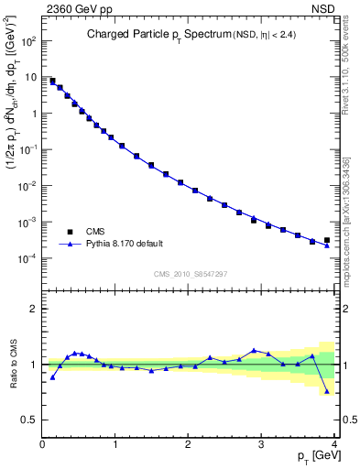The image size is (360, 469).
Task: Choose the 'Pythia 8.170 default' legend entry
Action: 124,244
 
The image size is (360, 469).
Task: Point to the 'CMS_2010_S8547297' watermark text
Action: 190,274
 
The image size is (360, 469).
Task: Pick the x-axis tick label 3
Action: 262,444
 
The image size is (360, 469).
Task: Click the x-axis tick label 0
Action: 43,444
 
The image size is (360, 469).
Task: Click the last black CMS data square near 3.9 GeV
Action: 327,240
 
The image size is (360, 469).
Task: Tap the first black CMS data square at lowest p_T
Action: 52,81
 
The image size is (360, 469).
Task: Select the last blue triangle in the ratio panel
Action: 327,391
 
